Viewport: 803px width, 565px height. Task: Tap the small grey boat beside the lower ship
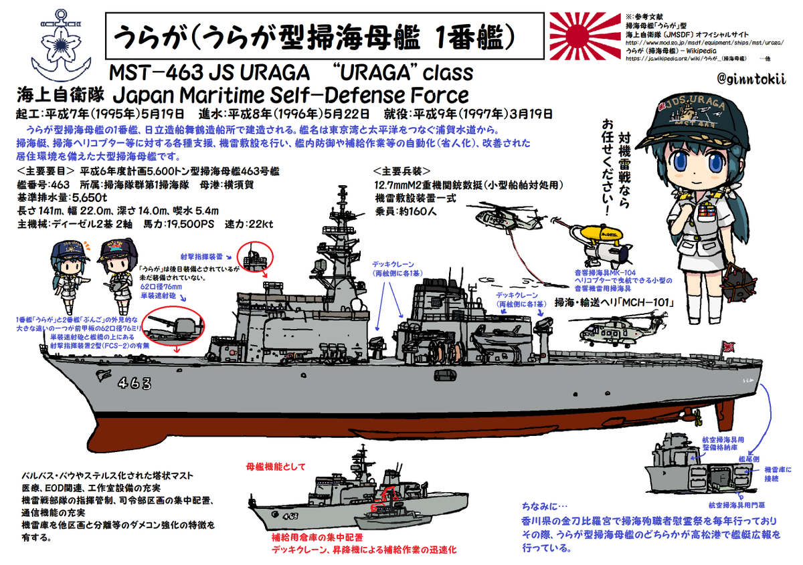[x=384, y=521]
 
